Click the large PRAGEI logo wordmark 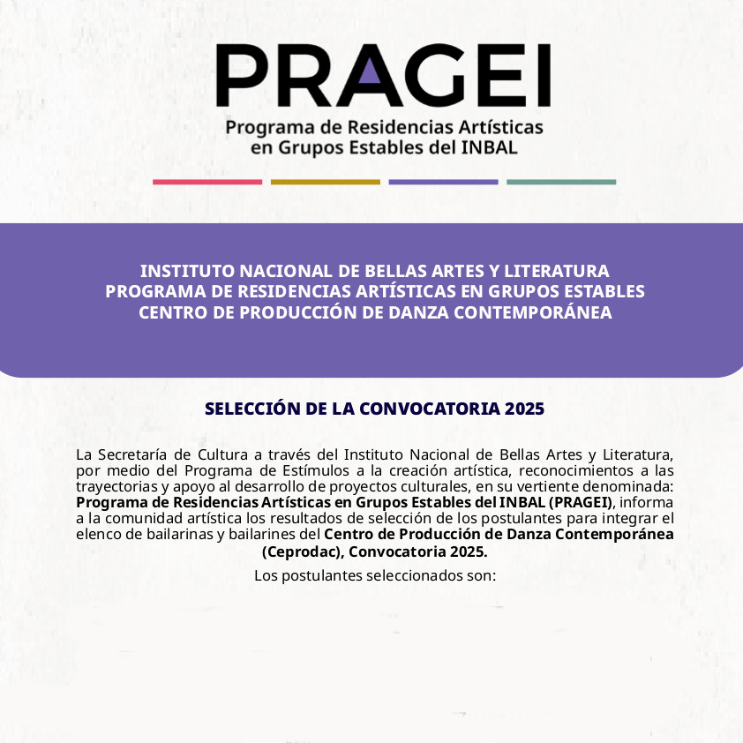tap(383, 76)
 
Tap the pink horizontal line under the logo tap(207, 182)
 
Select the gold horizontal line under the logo tap(325, 182)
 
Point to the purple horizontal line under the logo tap(443, 182)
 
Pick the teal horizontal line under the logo tap(561, 182)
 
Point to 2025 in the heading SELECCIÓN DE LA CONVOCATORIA tap(525, 409)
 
